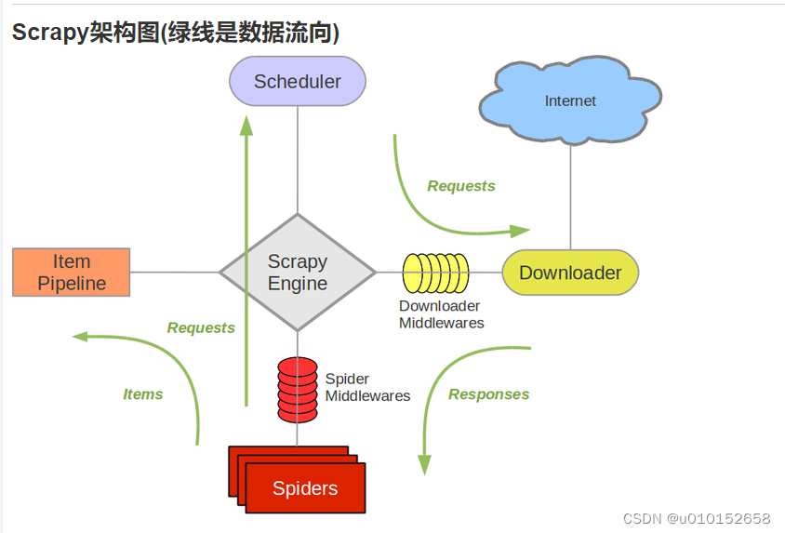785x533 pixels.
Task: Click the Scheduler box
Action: click(x=298, y=82)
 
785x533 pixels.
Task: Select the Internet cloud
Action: click(x=570, y=100)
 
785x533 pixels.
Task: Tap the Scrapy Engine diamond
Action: click(x=298, y=273)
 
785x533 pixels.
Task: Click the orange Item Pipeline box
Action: click(x=72, y=273)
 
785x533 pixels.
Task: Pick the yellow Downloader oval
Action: click(x=570, y=273)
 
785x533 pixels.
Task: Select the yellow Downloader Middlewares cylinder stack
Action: click(x=436, y=273)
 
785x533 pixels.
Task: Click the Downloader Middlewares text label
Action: click(x=441, y=314)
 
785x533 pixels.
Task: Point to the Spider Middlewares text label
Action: click(x=366, y=388)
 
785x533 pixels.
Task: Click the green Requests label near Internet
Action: click(x=461, y=186)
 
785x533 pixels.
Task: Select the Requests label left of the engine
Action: click(x=201, y=327)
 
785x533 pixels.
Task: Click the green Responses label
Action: click(x=488, y=394)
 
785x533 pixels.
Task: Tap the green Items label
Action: click(x=143, y=394)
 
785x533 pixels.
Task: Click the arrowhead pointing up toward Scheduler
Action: click(x=246, y=126)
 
